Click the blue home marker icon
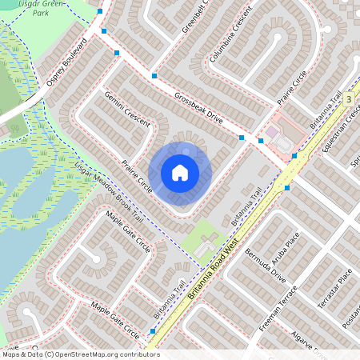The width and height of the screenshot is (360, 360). point(180,172)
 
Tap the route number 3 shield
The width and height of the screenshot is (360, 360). point(350,98)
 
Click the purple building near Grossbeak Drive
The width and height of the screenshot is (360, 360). point(271,130)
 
